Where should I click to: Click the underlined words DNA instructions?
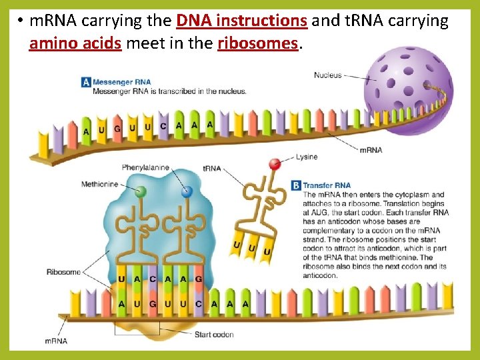pos(242,21)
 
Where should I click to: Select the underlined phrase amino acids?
pos(75,43)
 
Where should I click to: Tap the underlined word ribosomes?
pos(257,43)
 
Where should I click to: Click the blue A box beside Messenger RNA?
pos(85,82)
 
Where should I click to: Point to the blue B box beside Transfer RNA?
pos(296,185)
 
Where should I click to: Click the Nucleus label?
pos(327,75)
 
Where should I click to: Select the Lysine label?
pos(307,157)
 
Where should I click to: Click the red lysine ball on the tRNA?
pos(274,164)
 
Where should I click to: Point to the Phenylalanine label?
pos(145,168)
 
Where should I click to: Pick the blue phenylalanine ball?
pos(187,191)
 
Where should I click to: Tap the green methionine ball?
pos(141,192)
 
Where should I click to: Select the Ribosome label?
pos(63,272)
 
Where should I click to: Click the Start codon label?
pos(213,334)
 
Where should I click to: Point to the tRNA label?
pos(211,169)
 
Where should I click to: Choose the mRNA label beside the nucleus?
pos(371,150)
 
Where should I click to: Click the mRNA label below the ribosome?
pos(55,341)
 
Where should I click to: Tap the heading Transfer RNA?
pos(327,185)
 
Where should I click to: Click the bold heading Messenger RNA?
pos(121,82)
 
